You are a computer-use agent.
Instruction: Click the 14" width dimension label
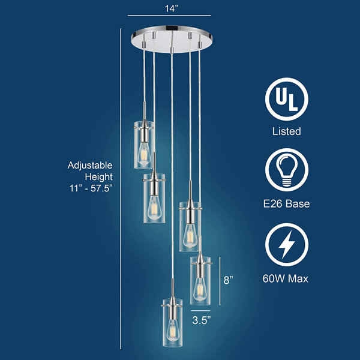click(171, 8)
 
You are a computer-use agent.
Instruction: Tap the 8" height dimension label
click(228, 280)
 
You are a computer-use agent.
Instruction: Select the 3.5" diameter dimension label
click(202, 320)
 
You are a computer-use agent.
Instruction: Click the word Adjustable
click(90, 166)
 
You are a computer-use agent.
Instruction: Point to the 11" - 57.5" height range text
click(91, 188)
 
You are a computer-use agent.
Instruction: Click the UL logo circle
click(287, 99)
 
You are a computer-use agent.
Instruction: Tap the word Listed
click(287, 131)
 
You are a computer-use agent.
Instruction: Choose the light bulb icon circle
click(287, 170)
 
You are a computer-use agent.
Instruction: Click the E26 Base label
click(286, 203)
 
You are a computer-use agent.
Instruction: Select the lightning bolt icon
click(287, 245)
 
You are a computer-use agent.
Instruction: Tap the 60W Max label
click(286, 278)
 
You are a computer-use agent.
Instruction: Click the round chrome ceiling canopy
click(172, 39)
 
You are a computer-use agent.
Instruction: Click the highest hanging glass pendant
click(144, 145)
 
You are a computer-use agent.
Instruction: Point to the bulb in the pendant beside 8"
click(199, 290)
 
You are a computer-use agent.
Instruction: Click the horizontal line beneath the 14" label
click(169, 16)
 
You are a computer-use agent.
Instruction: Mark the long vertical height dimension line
click(121, 188)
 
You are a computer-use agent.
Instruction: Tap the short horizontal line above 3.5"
click(200, 311)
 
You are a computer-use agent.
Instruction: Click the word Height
click(99, 177)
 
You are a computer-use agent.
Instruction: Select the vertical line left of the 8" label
click(220, 281)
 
